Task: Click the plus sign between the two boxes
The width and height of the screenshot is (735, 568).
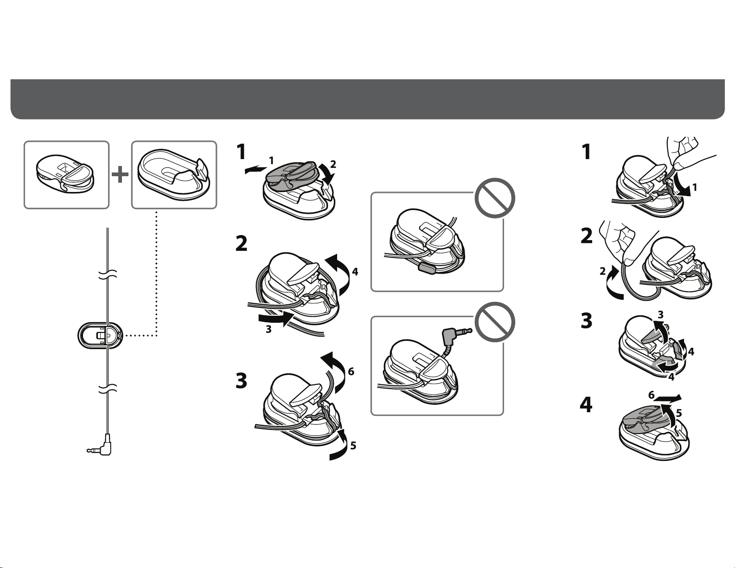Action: click(x=120, y=175)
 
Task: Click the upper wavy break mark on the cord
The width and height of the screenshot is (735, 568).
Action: click(x=108, y=274)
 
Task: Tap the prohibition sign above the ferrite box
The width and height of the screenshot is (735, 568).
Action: click(x=495, y=198)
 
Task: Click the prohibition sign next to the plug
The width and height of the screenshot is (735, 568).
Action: click(x=495, y=322)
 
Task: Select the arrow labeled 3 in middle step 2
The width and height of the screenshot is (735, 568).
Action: click(x=275, y=319)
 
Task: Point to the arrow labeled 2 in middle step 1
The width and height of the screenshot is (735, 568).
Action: click(x=327, y=174)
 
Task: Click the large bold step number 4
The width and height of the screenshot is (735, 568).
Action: click(x=586, y=405)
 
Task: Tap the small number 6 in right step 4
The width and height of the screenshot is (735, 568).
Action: click(x=652, y=395)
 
